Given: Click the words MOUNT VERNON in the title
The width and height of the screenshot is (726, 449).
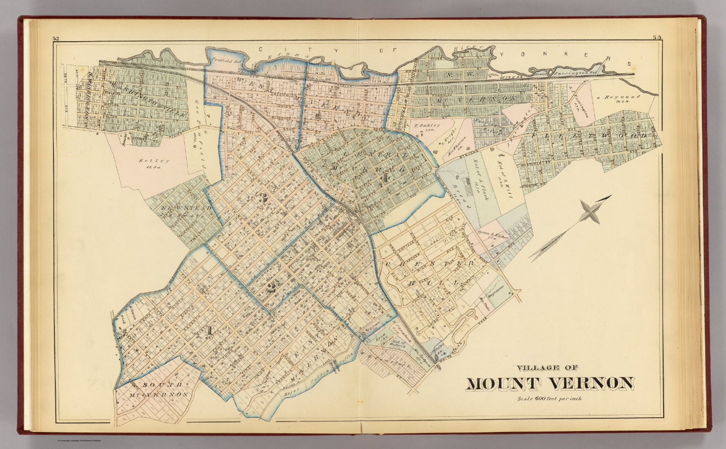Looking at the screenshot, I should tap(550, 383).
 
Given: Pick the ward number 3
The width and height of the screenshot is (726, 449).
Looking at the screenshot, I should tap(263, 199).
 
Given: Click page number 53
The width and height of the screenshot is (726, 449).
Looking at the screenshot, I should tap(657, 37).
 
